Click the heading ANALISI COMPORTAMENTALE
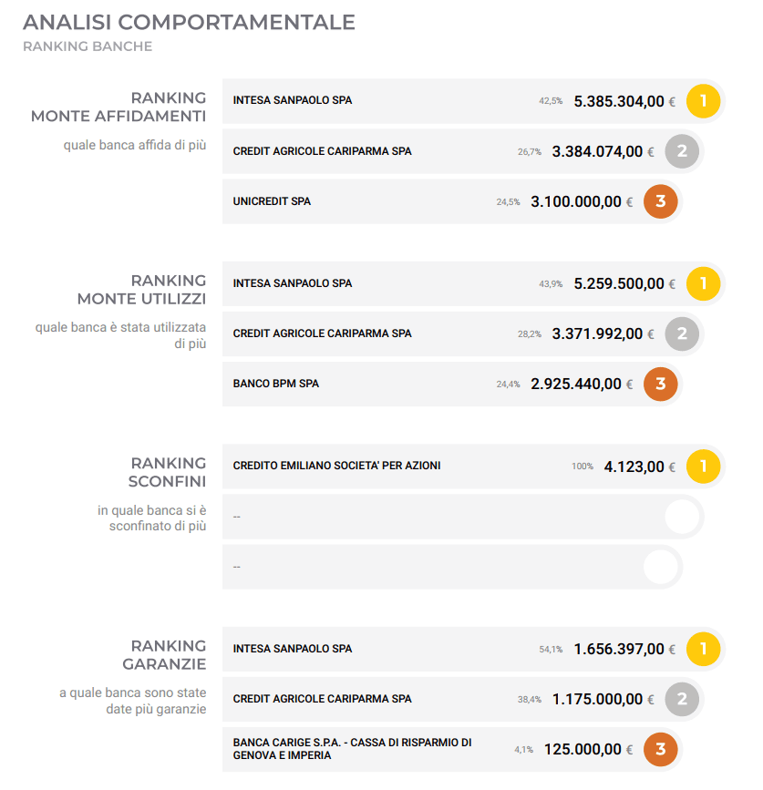pyautogui.click(x=189, y=23)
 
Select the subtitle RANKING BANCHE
pyautogui.click(x=87, y=46)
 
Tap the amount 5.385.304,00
pyautogui.click(x=619, y=101)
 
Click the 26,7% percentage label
pyautogui.click(x=530, y=152)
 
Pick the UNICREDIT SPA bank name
pyautogui.click(x=272, y=201)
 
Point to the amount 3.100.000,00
pyautogui.click(x=576, y=202)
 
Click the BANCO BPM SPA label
pyautogui.click(x=276, y=384)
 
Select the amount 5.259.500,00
pyautogui.click(x=619, y=284)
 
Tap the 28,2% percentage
pyautogui.click(x=530, y=334)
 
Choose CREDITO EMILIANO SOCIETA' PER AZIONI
pyautogui.click(x=336, y=466)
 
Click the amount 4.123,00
pyautogui.click(x=634, y=467)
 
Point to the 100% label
pyautogui.click(x=582, y=467)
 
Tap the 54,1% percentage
pyautogui.click(x=551, y=650)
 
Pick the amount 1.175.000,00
pyautogui.click(x=597, y=700)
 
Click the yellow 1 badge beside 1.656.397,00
pyautogui.click(x=703, y=649)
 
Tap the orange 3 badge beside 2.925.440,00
pyautogui.click(x=661, y=384)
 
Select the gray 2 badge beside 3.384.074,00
pyautogui.click(x=682, y=151)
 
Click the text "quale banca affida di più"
pyautogui.click(x=135, y=145)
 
